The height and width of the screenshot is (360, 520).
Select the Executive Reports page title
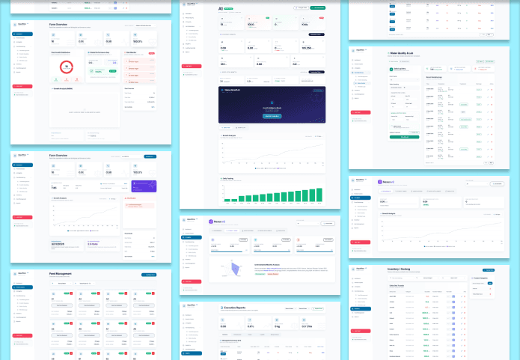coord(240,308)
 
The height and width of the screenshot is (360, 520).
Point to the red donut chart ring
coord(66,67)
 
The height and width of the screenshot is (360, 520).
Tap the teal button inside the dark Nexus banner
coord(271,115)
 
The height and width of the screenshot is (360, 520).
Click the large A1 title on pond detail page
coord(221,9)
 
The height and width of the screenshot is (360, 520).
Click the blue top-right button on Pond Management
coord(149,275)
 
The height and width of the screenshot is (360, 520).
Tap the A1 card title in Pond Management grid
coord(53,297)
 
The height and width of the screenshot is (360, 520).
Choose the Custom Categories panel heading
coord(485,278)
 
